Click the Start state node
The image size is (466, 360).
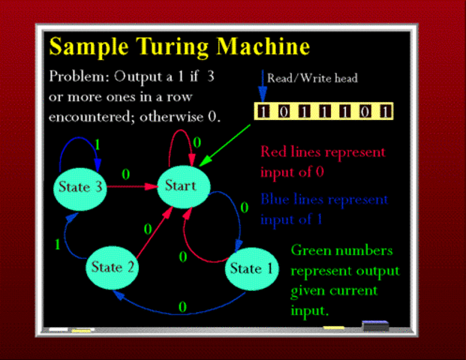click(180, 186)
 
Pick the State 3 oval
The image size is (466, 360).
click(79, 187)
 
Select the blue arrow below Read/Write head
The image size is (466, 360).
click(263, 85)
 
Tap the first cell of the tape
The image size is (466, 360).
click(263, 112)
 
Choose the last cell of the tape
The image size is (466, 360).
click(385, 112)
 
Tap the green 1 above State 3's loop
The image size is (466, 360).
click(97, 143)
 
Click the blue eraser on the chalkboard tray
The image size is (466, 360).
click(376, 325)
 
